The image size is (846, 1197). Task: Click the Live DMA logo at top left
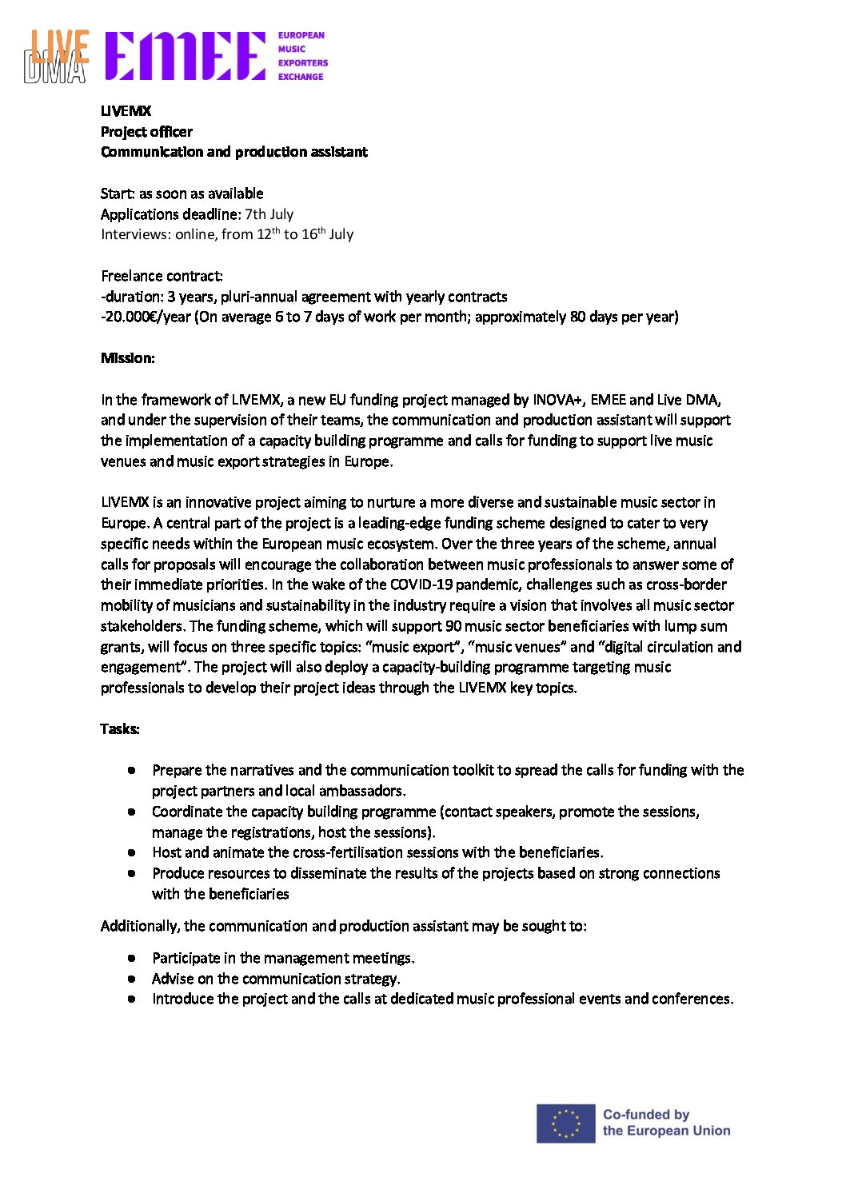click(56, 57)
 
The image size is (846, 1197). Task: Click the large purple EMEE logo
click(185, 56)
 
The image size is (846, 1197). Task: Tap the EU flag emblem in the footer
click(565, 1123)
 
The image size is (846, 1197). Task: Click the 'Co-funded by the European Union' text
click(666, 1123)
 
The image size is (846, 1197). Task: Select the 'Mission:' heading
click(128, 358)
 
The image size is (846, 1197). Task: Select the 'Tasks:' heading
click(120, 728)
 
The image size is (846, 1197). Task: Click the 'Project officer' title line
click(146, 132)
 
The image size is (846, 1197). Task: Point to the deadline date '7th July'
click(269, 214)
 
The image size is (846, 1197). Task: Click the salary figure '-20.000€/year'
click(146, 317)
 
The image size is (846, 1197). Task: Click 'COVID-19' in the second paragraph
click(421, 585)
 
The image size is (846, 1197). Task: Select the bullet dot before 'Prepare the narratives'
click(131, 770)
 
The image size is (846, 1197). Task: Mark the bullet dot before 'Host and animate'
click(131, 852)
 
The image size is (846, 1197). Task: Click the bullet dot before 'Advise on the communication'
click(131, 978)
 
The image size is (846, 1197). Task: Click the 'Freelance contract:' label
click(162, 276)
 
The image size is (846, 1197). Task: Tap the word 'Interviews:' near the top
click(136, 234)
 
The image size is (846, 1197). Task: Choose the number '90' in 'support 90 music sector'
click(453, 626)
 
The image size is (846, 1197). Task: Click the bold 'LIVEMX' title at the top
click(126, 111)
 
